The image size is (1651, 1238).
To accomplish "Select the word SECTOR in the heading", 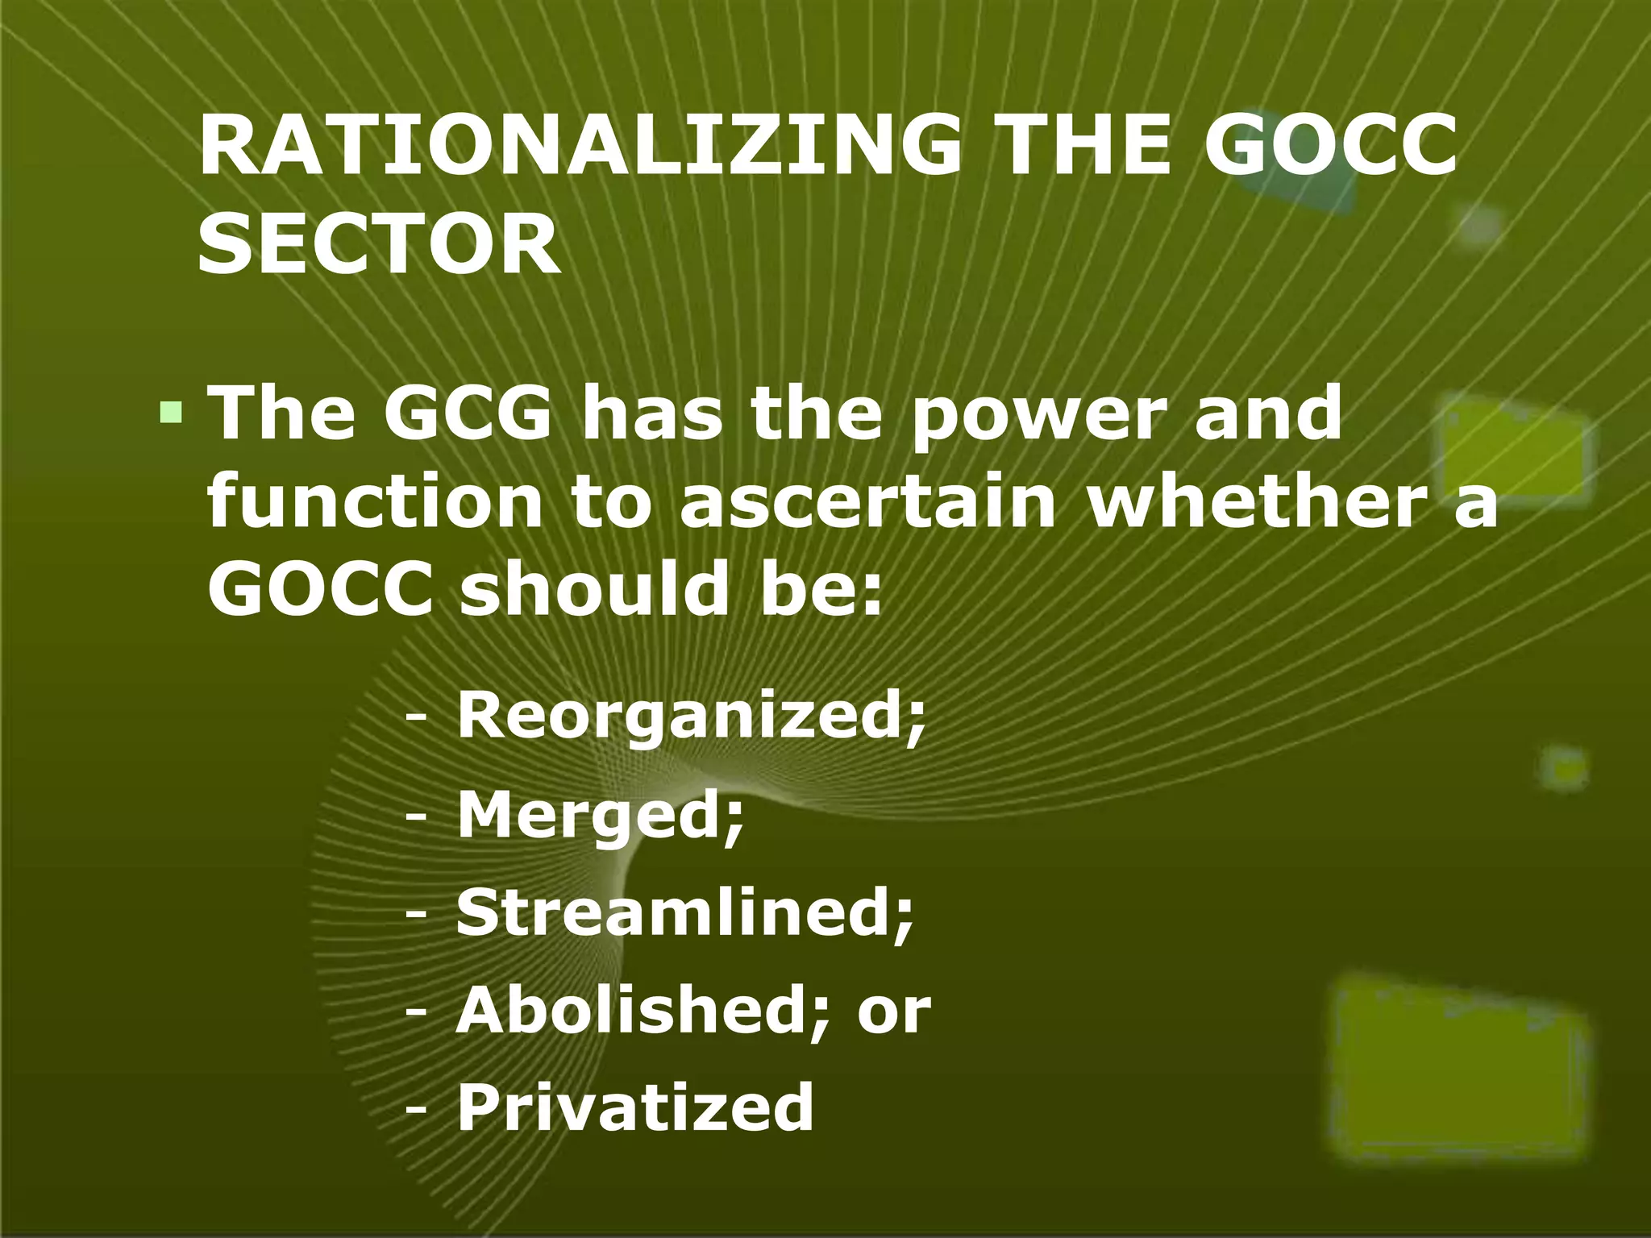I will click(x=379, y=243).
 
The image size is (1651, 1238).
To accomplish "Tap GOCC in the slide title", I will click(x=1330, y=145).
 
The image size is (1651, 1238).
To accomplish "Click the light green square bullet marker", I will click(x=171, y=413).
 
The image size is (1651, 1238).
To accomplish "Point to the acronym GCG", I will click(x=468, y=413).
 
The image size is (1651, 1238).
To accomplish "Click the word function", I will click(x=375, y=501).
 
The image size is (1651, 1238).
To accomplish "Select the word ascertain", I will click(x=867, y=501).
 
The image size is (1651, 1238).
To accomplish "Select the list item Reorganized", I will click(x=692, y=717).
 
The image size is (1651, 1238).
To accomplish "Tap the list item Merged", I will click(x=601, y=816).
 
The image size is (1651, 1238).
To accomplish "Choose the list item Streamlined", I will click(x=685, y=913).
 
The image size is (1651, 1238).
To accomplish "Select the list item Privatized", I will click(x=635, y=1108).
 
